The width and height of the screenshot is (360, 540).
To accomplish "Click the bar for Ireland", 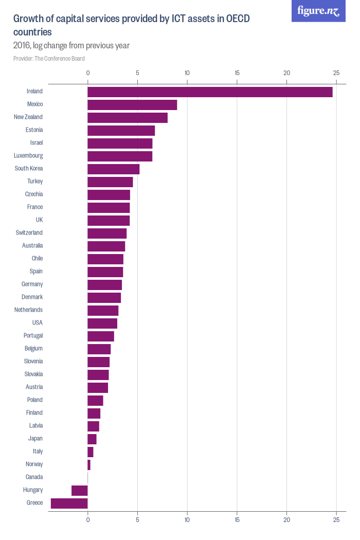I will (x=210, y=92).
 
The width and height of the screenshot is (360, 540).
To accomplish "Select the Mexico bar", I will (x=132, y=105).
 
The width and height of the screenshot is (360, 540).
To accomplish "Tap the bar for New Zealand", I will (x=128, y=118).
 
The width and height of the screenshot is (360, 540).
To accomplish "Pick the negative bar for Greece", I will (x=69, y=503).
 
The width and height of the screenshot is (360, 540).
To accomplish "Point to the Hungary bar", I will (x=80, y=491).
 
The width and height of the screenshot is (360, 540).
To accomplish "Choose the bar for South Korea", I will (x=114, y=169).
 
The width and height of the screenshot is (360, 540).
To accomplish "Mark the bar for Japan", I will (x=92, y=439).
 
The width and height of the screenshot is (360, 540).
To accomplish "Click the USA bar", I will (x=102, y=323).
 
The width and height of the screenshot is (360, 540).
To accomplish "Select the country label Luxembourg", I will (x=28, y=156).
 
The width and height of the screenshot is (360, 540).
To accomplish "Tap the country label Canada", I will (x=34, y=477).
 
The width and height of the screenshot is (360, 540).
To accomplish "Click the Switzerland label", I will (x=29, y=233).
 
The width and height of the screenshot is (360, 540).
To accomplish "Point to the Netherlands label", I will (x=28, y=310).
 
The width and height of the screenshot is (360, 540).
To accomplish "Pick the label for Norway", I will (x=34, y=464).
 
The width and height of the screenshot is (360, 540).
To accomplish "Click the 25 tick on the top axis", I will (x=336, y=73).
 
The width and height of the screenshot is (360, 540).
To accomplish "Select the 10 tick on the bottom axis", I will (x=187, y=520).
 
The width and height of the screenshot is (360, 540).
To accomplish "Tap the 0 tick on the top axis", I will (x=88, y=73).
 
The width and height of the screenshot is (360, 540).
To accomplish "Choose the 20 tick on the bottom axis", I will (x=287, y=520).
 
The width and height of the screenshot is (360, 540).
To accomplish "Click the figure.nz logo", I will (x=318, y=11).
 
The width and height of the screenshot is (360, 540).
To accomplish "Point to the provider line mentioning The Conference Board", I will (x=49, y=59).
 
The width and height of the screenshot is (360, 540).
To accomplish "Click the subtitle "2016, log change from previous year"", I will (x=71, y=46).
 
